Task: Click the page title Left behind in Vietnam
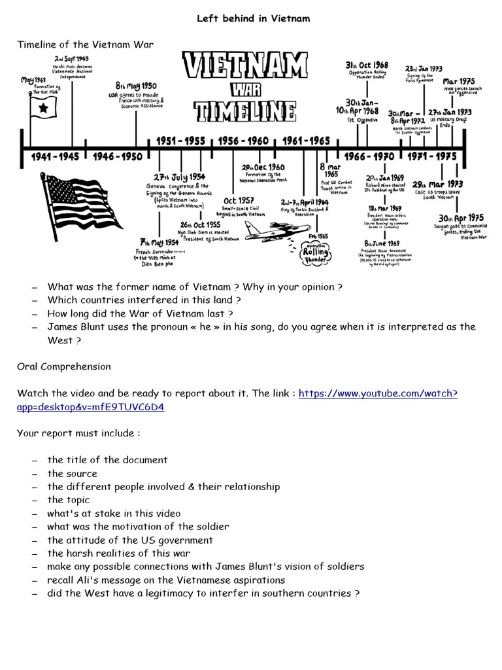(254, 18)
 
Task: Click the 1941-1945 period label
(55, 157)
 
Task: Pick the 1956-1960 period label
(243, 141)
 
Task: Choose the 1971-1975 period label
(432, 157)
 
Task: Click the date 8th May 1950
(136, 86)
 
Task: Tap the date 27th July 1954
(180, 177)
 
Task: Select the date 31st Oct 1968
(367, 65)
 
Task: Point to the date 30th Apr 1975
(461, 218)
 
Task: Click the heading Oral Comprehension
(64, 366)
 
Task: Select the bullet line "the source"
(72, 474)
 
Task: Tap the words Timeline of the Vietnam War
(86, 44)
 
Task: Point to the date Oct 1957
(239, 201)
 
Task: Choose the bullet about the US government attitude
(130, 540)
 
